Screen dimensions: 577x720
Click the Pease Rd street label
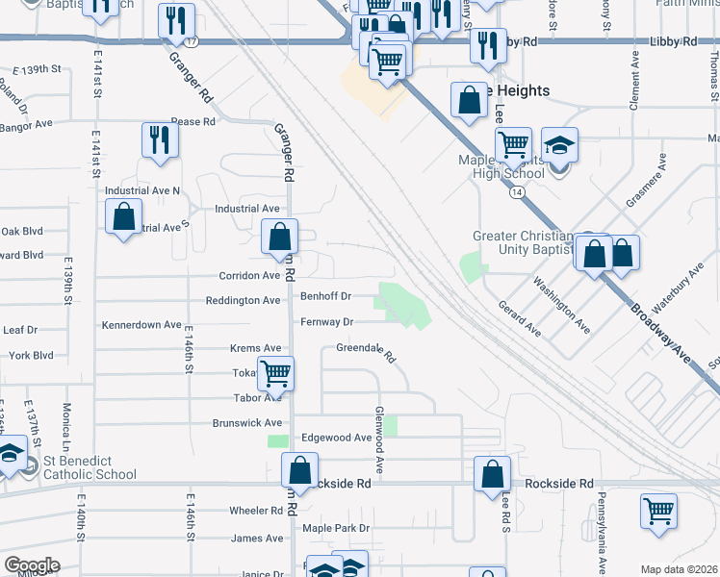click(x=193, y=121)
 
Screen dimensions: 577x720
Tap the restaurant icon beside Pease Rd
click(x=160, y=140)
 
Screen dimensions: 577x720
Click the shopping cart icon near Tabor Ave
click(x=276, y=373)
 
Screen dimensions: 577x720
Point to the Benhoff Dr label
click(x=326, y=296)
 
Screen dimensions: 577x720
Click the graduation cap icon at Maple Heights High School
click(x=559, y=145)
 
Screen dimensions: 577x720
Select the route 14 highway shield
click(x=518, y=192)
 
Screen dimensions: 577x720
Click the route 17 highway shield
click(x=193, y=42)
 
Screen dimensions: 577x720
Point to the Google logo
click(x=32, y=565)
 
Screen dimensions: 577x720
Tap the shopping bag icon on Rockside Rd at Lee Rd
click(x=492, y=473)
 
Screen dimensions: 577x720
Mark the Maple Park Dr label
click(x=336, y=528)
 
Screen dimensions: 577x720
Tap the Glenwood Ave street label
click(x=380, y=450)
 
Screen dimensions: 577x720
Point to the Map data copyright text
click(x=680, y=569)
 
